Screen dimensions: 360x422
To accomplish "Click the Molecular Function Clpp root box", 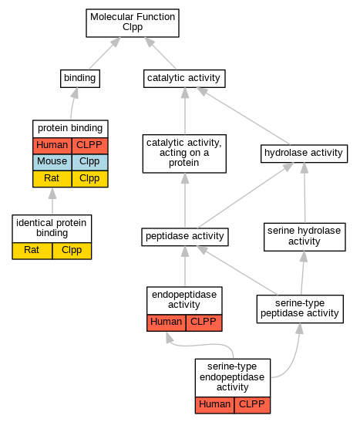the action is tap(133, 23).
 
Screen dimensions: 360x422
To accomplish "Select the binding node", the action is tap(80, 79).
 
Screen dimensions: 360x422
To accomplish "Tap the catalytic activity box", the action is tap(184, 79).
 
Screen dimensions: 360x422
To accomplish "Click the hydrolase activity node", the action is tap(304, 154).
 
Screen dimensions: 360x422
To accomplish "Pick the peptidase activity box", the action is tap(185, 237).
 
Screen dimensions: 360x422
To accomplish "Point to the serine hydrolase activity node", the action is tap(304, 237).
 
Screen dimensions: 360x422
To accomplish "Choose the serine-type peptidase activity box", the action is tap(300, 309).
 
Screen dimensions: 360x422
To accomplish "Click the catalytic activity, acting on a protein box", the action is tap(184, 154).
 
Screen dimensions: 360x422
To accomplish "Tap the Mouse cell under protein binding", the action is tap(52, 162).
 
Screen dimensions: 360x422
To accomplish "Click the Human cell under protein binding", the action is tap(52, 146).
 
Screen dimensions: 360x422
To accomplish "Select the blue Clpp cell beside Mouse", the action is tap(89, 162).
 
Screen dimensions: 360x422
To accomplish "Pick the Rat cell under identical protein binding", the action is tap(32, 251).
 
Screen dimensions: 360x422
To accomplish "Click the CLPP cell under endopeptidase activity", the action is tap(204, 322).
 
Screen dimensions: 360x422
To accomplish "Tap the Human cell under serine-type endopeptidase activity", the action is tap(214, 405).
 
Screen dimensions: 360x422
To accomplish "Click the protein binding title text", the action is tap(70, 128).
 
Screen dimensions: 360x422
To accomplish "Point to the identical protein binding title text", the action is tap(52, 228).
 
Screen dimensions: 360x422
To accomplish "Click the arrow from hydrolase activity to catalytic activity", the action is tap(244, 116).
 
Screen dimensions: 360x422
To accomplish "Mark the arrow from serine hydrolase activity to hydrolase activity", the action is tap(304, 193).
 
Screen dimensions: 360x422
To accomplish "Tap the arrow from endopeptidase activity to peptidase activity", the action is tap(185, 266).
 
